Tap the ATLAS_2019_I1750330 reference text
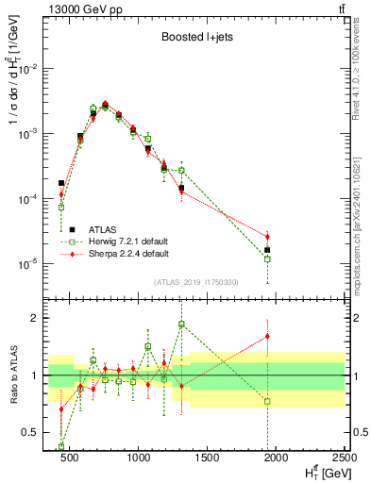coord(196,282)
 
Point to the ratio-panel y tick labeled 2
coord(35,318)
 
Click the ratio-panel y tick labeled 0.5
coord(30,432)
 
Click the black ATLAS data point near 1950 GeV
coord(267,250)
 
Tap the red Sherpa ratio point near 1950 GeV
coord(267,336)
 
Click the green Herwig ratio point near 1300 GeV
coord(181,324)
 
